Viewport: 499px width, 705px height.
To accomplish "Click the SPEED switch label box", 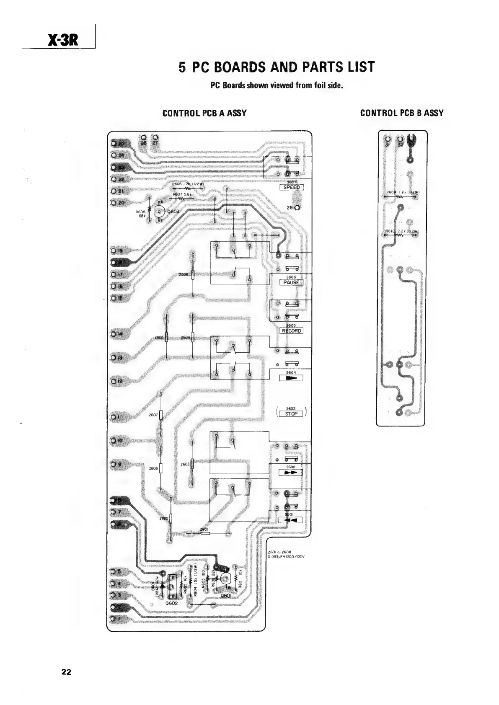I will [292, 187].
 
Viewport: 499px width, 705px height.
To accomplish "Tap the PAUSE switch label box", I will [291, 282].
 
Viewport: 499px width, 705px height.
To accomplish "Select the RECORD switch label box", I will [291, 331].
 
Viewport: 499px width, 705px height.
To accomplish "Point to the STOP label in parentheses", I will [291, 414].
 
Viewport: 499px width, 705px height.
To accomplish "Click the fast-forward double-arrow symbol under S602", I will [291, 473].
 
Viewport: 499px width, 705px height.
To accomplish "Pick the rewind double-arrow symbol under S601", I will [291, 520].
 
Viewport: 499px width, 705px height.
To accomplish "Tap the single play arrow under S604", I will [291, 378].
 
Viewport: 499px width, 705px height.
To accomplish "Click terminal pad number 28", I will [297, 208].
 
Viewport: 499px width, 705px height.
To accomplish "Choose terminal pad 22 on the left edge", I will [114, 180].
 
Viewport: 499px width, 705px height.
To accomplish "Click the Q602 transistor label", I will [172, 603].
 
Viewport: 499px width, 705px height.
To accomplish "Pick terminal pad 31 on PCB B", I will [388, 139].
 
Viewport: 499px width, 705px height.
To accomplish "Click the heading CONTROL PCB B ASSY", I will [402, 113].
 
